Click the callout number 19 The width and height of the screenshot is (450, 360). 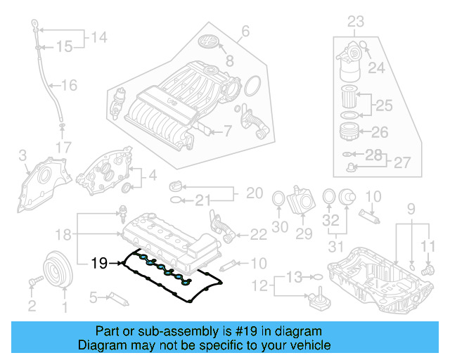tap(99, 264)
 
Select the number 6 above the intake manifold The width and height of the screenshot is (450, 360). tap(245, 31)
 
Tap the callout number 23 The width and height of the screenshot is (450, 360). tap(356, 21)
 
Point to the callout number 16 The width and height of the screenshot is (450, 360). tap(68, 86)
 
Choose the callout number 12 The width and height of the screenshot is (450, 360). tap(262, 285)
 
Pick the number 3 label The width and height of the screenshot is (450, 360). tap(22, 154)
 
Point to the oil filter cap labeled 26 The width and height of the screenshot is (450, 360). tap(347, 132)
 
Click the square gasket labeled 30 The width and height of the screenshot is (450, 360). tap(278, 199)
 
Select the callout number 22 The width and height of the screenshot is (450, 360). tap(259, 233)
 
